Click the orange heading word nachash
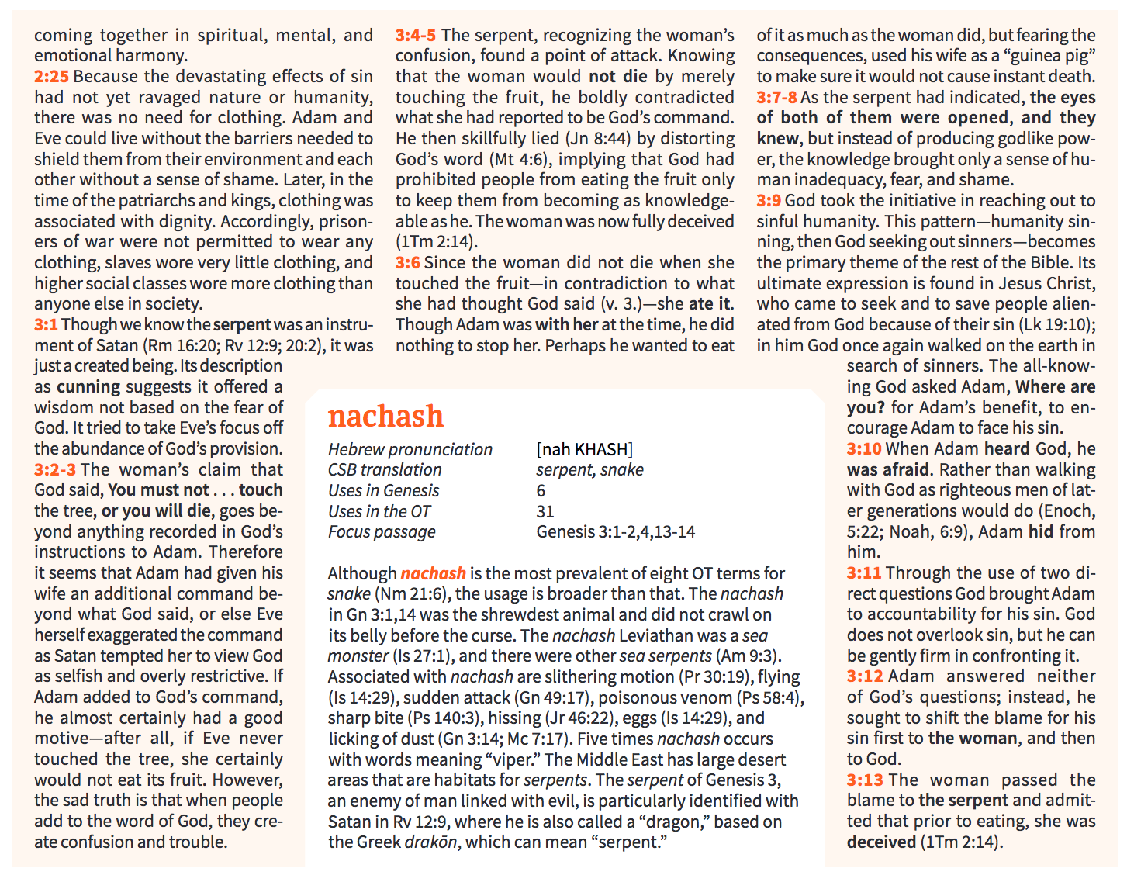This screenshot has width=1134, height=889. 385,417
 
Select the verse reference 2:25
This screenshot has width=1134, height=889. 51,77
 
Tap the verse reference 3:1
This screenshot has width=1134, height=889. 46,325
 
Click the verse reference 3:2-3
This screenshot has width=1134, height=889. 55,470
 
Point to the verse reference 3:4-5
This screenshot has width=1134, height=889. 415,36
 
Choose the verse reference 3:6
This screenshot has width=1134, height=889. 407,263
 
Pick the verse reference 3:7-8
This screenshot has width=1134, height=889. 776,98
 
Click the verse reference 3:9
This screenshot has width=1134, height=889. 769,201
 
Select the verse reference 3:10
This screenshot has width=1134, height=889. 864,449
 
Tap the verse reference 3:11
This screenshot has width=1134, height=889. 864,573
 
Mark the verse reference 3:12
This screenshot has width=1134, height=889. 864,676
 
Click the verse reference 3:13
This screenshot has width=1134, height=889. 864,780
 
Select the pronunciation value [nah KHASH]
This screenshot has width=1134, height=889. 584,450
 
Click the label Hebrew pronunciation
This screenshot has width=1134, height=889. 410,450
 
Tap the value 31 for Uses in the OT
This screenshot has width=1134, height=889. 545,512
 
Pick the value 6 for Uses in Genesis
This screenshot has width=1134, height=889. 541,491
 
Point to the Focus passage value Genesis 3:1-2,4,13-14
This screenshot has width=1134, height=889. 615,532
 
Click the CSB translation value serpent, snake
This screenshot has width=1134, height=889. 589,470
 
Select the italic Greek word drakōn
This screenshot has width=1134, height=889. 432,842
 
